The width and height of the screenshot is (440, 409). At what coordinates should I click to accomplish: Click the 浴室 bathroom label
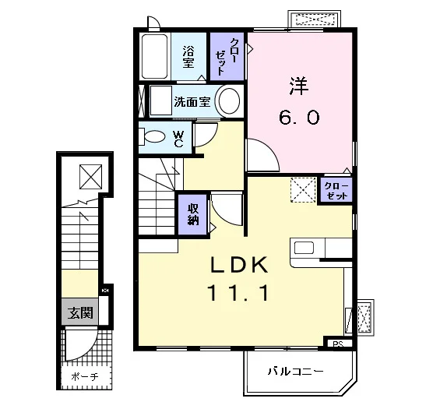(x=188, y=57)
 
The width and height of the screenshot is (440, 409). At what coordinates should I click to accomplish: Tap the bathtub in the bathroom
(x=154, y=56)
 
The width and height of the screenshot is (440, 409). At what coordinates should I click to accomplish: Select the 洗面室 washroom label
(x=192, y=102)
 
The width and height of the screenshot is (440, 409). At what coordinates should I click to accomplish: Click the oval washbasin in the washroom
(x=229, y=100)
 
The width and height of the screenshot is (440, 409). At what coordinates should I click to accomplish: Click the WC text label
(x=178, y=139)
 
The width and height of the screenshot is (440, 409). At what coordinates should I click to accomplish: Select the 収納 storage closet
(x=193, y=214)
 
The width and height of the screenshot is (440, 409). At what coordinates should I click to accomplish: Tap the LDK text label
(x=239, y=266)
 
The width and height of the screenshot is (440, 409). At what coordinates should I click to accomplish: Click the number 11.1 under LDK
(x=238, y=293)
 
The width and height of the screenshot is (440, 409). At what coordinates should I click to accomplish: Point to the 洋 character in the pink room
(x=299, y=86)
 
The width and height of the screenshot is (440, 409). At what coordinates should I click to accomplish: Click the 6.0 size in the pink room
(x=299, y=117)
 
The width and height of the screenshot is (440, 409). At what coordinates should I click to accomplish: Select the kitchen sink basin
(x=304, y=248)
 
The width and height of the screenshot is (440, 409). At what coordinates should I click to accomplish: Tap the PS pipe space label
(x=339, y=344)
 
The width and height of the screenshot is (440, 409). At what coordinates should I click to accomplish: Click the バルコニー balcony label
(x=295, y=372)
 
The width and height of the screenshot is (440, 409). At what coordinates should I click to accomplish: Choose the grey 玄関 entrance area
(x=80, y=312)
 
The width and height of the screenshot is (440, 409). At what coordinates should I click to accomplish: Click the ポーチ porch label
(x=85, y=376)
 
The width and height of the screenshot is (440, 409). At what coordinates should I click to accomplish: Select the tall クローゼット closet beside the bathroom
(x=227, y=57)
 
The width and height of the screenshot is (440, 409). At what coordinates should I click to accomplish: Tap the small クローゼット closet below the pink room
(x=336, y=190)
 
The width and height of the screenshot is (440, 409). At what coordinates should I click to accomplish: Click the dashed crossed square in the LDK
(x=304, y=190)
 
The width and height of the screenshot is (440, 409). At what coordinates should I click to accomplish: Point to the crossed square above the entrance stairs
(x=90, y=177)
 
